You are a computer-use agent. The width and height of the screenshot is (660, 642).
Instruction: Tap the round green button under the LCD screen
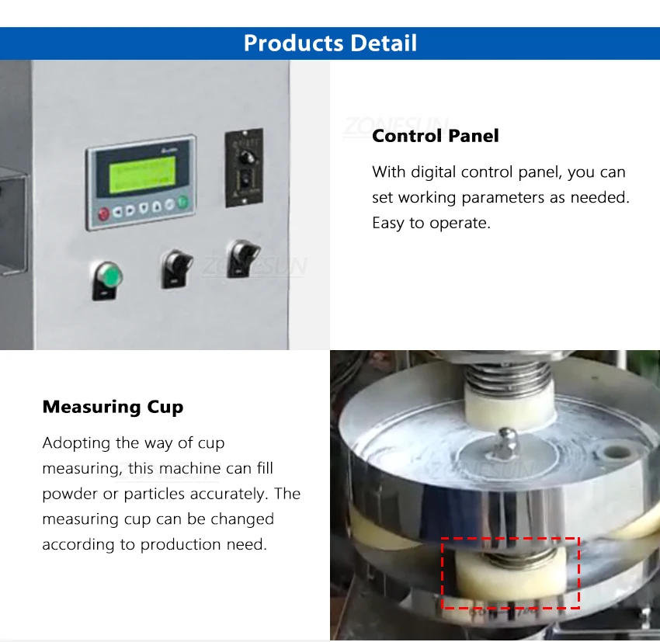tap(182, 203)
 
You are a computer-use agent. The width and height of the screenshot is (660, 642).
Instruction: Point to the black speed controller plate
tap(244, 168)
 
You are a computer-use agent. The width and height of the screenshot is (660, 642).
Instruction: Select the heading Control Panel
tap(435, 136)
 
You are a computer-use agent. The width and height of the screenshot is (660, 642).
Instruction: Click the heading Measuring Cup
tap(113, 407)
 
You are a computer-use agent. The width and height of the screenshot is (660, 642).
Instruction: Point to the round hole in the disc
tap(617, 450)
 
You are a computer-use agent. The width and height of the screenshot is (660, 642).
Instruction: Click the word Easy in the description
tap(389, 224)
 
